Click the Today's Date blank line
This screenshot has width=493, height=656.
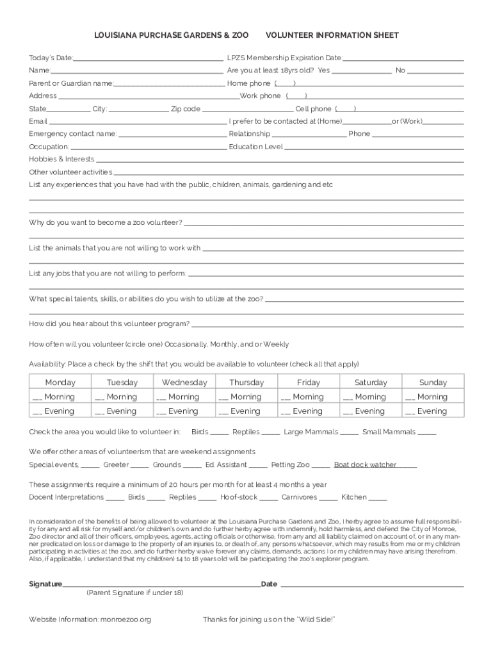click(149, 58)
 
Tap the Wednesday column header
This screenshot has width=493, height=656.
click(184, 382)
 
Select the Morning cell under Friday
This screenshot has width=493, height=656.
click(309, 397)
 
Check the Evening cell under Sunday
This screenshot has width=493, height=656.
click(432, 411)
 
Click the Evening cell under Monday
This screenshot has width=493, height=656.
click(60, 411)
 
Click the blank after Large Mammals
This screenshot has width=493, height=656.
click(349, 433)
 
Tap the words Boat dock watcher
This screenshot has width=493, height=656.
click(365, 464)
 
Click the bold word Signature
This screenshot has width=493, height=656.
click(45, 584)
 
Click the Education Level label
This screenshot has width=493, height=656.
click(255, 147)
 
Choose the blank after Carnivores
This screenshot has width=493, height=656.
click(328, 498)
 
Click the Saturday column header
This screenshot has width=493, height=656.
click(371, 382)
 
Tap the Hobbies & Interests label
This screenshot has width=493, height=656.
click(61, 159)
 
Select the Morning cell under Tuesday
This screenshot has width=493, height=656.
click(122, 397)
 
